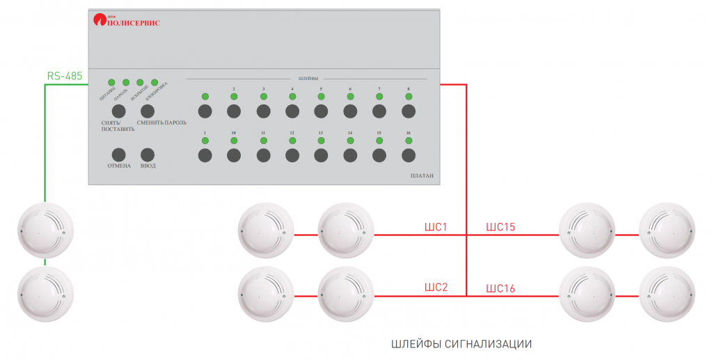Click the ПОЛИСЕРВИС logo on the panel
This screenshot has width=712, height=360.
coord(127,22)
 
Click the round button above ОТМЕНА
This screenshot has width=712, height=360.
coord(118,155)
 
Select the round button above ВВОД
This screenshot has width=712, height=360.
coord(148,155)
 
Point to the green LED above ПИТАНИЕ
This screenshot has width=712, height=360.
coord(111,82)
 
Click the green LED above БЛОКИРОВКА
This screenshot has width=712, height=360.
coord(155,82)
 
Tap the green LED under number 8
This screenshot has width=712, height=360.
coord(409,97)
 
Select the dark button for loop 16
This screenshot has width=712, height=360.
coord(409,155)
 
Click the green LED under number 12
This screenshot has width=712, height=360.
coord(292,141)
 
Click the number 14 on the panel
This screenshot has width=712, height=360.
coord(350,132)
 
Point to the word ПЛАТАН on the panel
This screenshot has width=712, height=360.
coord(422,176)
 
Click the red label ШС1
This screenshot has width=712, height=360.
coord(436,227)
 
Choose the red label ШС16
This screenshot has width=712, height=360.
coord(500,288)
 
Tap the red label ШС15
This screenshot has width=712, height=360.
coord(500,227)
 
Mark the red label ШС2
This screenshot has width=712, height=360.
coord(436,288)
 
